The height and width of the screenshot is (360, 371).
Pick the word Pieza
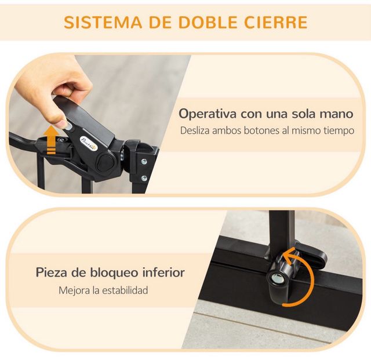[54, 271]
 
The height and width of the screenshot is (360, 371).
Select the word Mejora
[74, 289]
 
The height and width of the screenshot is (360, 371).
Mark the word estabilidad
[123, 289]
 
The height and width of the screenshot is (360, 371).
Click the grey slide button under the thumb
[68, 126]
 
